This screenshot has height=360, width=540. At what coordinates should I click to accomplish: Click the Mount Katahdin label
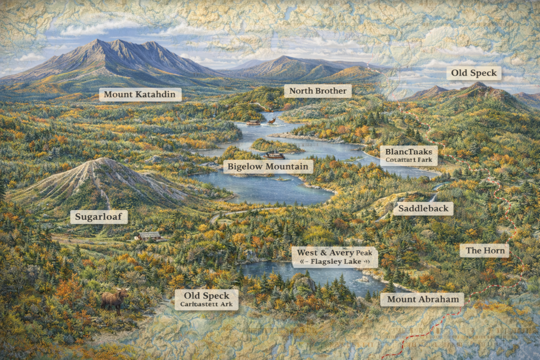140,95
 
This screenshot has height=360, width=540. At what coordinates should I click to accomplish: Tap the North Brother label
318,91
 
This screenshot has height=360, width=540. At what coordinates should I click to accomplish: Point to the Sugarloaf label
99,217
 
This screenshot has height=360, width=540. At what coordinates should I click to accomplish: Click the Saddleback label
423,209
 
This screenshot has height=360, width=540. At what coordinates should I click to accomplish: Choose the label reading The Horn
484,250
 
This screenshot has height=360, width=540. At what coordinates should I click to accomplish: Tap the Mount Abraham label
422,300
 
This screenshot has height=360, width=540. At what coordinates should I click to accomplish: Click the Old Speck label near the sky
474,73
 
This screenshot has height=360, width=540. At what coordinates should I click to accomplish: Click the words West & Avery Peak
335,252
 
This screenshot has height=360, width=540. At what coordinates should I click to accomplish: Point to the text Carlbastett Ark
206,304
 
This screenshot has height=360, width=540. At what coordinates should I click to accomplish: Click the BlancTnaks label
408,151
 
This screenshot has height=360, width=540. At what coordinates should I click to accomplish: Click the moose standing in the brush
114,300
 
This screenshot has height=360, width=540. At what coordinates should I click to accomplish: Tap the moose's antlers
124,290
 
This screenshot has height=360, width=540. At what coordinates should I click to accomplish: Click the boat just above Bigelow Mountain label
274,155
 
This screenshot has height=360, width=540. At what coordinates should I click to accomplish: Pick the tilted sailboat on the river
272,121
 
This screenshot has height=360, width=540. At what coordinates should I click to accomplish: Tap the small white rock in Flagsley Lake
363,278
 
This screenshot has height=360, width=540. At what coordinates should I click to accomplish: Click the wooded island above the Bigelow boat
277,145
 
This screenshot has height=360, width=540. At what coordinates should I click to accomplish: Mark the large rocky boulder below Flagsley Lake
304,285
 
